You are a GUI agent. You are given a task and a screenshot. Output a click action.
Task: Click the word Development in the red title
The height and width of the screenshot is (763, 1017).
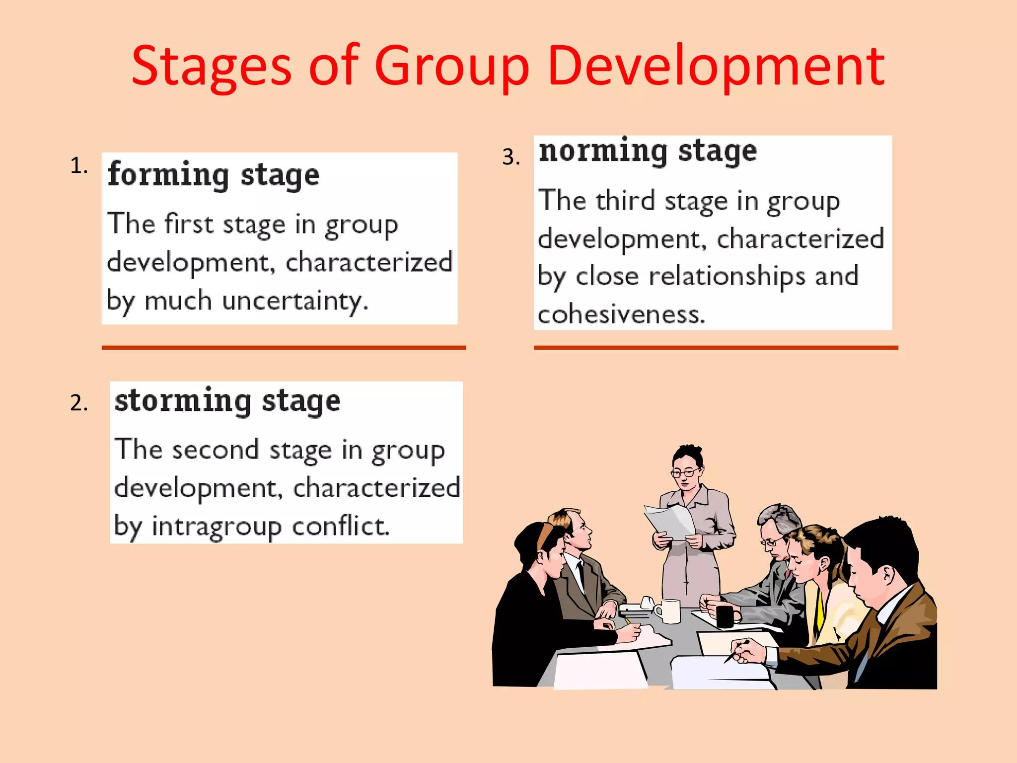tap(716, 67)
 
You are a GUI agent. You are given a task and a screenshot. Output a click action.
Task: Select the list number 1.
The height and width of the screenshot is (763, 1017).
tap(78, 165)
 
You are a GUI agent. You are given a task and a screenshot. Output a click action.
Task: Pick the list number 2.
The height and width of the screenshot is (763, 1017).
tap(78, 402)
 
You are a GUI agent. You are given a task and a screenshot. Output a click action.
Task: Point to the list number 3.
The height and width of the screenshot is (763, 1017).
tap(510, 157)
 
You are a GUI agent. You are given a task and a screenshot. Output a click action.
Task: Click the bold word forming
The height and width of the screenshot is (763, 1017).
tap(168, 175)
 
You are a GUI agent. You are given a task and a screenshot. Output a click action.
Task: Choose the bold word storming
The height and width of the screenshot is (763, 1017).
tap(182, 401)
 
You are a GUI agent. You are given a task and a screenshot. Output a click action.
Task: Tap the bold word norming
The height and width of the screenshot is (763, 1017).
tap(603, 151)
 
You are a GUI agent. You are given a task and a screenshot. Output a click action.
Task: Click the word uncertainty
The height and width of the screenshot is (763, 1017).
tap(295, 301)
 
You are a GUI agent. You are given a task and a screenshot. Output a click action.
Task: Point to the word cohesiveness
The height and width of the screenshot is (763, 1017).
tap(621, 314)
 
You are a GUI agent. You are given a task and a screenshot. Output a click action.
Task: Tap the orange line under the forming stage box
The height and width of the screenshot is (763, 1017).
tap(284, 348)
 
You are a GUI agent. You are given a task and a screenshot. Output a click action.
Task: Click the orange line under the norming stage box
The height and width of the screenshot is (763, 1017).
tap(716, 348)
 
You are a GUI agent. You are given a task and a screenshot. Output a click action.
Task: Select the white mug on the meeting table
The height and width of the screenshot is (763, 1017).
tap(669, 610)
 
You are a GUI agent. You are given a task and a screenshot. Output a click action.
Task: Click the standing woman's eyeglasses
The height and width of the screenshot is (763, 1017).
tap(685, 472)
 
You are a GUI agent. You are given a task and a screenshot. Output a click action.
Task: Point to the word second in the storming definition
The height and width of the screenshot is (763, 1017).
tap(215, 450)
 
